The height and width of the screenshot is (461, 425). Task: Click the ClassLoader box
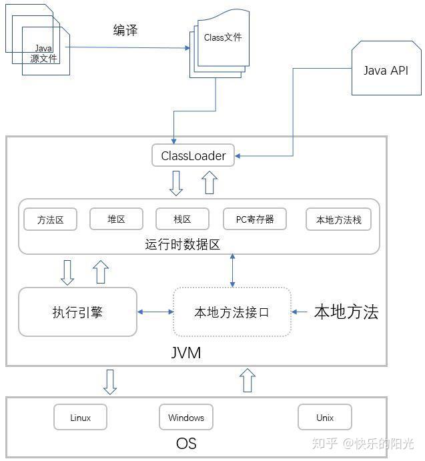tap(193, 155)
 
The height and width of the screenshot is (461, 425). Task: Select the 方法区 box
tap(50, 219)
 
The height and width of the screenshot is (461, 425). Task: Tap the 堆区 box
tap(116, 219)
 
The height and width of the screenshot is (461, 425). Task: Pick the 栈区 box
tap(182, 219)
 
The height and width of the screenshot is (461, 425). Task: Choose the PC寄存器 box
tap(255, 219)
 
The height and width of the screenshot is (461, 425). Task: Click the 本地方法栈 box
tap(338, 219)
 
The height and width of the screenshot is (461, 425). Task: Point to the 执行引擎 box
tap(77, 312)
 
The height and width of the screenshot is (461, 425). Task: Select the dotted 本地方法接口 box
tap(232, 312)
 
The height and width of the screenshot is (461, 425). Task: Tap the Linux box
tap(80, 417)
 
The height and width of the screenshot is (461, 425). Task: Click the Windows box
tap(186, 417)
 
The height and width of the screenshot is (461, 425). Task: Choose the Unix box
tap(325, 417)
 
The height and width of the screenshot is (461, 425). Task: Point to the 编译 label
tap(125, 30)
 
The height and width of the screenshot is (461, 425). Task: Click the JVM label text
tap(186, 352)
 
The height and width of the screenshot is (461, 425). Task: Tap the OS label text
tap(186, 443)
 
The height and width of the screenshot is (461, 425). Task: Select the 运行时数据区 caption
tap(182, 244)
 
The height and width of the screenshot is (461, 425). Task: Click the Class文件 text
tap(223, 37)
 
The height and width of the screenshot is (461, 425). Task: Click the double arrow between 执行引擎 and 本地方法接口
tap(155, 312)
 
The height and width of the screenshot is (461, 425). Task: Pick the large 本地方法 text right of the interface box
tap(346, 312)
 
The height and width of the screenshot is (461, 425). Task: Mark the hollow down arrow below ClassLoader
tap(176, 183)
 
